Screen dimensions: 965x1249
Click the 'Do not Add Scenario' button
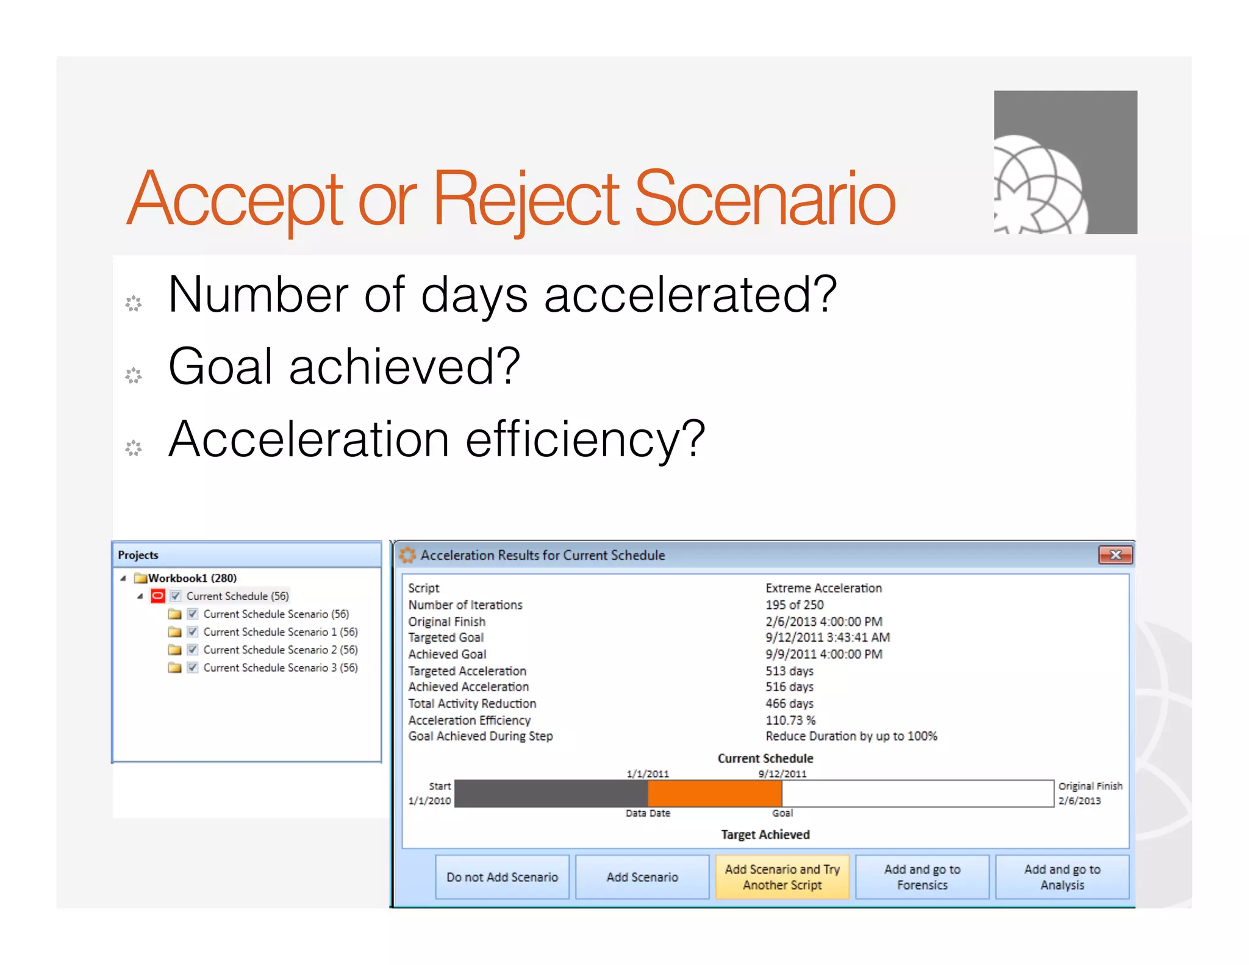click(x=502, y=877)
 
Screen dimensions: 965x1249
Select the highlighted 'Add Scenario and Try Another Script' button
click(x=782, y=877)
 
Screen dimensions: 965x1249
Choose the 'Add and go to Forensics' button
click(x=922, y=877)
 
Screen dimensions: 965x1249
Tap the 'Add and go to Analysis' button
click(x=1062, y=877)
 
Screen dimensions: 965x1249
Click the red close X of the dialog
click(x=1115, y=554)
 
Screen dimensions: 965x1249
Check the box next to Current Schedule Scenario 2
click(x=193, y=650)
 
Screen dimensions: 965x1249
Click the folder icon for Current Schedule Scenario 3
click(x=175, y=667)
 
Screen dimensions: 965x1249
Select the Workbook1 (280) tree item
click(x=192, y=578)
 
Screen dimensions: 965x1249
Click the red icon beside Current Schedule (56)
click(x=158, y=596)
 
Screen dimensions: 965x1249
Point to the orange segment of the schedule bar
click(x=714, y=794)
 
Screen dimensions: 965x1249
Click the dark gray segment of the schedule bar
click(x=551, y=794)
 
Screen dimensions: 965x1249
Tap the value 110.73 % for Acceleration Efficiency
click(x=790, y=720)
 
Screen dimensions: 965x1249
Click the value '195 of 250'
click(x=794, y=604)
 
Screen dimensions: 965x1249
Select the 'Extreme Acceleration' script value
click(x=823, y=588)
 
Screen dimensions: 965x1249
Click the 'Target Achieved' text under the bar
click(x=765, y=834)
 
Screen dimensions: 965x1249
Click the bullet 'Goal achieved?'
click(x=344, y=367)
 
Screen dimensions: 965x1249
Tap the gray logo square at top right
click(x=1065, y=162)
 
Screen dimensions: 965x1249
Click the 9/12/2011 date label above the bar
click(x=782, y=773)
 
